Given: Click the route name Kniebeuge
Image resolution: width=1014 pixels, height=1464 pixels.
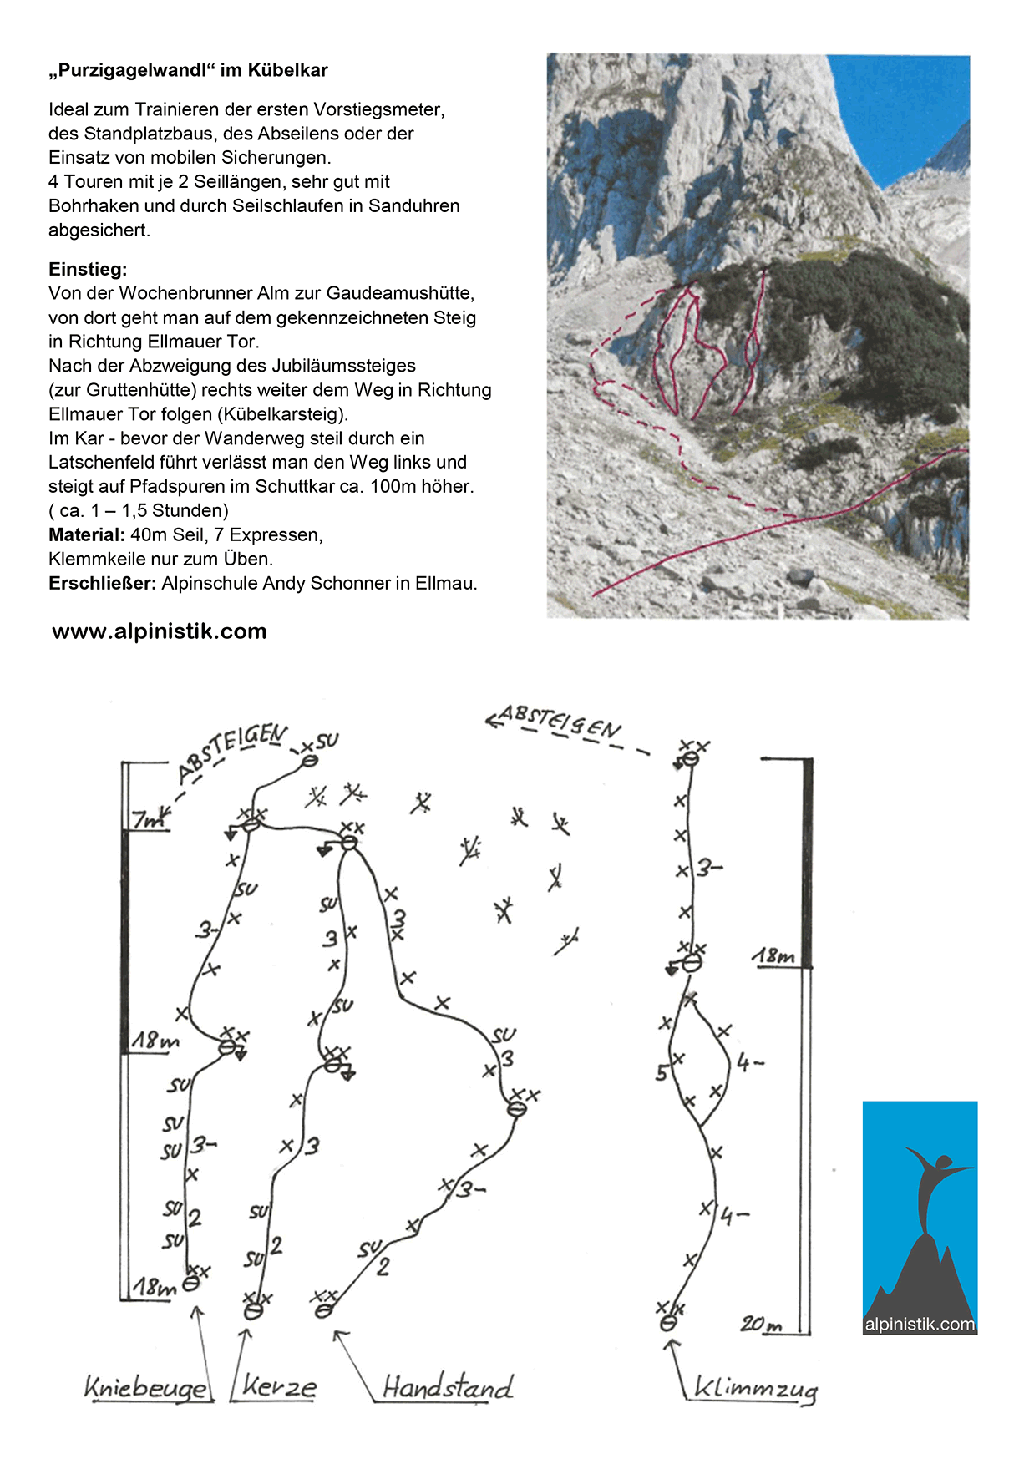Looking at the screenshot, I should pyautogui.click(x=147, y=1387).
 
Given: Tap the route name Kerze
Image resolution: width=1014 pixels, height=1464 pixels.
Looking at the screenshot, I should pyautogui.click(x=279, y=1387).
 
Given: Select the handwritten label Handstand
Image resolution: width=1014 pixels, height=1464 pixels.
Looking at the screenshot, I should pyautogui.click(x=447, y=1387).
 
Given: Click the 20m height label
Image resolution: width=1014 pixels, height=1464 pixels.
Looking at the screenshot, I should pyautogui.click(x=761, y=1324).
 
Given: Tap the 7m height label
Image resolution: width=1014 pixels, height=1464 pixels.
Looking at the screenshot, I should pyautogui.click(x=149, y=819).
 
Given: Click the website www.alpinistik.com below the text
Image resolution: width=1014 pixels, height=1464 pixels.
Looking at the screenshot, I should pyautogui.click(x=160, y=631).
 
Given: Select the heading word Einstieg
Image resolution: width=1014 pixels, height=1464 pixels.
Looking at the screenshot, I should pyautogui.click(x=88, y=269).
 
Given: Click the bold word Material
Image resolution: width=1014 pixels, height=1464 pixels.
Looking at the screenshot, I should pyautogui.click(x=86, y=534).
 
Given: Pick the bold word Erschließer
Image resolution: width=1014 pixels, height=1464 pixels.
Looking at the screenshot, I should pyautogui.click(x=102, y=583).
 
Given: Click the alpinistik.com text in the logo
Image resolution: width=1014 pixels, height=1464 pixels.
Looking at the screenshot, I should pyautogui.click(x=920, y=1324).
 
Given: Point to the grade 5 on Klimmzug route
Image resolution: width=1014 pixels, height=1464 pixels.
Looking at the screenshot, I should pyautogui.click(x=662, y=1072).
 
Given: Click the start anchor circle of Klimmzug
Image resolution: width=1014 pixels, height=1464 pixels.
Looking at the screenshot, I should pyautogui.click(x=667, y=1323).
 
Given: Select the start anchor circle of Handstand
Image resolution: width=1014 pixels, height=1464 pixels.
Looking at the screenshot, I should pyautogui.click(x=323, y=1311).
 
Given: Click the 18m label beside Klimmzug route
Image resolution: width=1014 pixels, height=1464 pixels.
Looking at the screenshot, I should pyautogui.click(x=773, y=955).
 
